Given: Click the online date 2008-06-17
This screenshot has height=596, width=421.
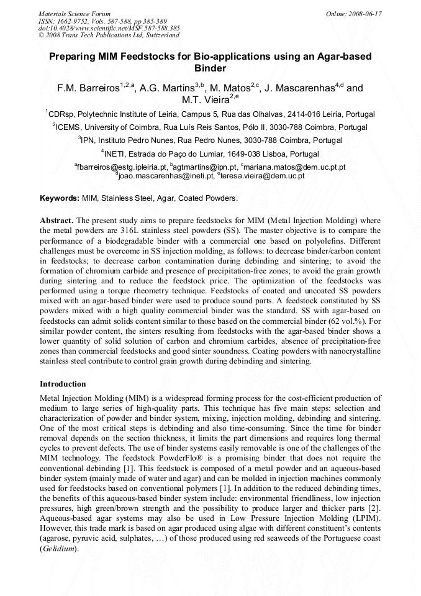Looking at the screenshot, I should (x=367, y=13).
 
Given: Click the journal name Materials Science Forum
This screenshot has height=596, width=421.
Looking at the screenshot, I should (x=75, y=13).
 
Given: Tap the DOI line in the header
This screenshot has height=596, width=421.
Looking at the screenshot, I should (x=109, y=28).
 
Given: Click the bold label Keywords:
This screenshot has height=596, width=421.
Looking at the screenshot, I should (x=60, y=198).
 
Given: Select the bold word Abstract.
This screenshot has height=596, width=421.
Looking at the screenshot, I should (x=57, y=221).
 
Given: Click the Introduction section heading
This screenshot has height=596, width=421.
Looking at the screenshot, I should (x=63, y=383).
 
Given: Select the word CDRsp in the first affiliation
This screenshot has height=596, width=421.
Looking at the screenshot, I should (x=61, y=114).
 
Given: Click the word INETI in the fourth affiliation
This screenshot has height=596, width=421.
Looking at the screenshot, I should (x=117, y=154).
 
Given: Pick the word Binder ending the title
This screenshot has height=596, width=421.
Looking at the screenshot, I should (x=210, y=68).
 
